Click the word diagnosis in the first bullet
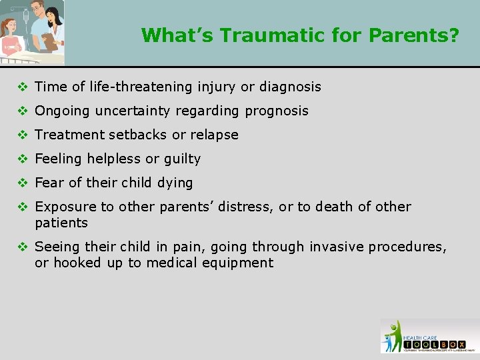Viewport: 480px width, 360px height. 290,87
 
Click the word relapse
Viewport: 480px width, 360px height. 214,135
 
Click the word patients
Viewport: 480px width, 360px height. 61,223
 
